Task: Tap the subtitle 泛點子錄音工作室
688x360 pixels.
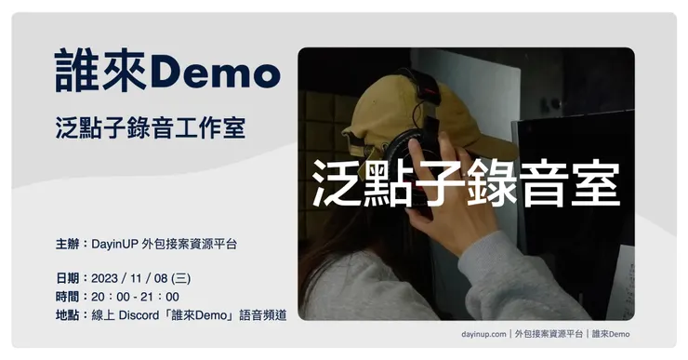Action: tap(150, 127)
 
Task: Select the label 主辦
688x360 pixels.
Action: tap(68, 244)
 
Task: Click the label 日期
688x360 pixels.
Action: tap(68, 278)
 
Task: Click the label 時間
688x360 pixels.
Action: tap(68, 297)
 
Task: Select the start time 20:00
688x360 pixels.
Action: tap(110, 297)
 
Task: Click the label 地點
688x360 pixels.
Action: tap(68, 315)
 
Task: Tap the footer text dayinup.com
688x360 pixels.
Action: tap(483, 333)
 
